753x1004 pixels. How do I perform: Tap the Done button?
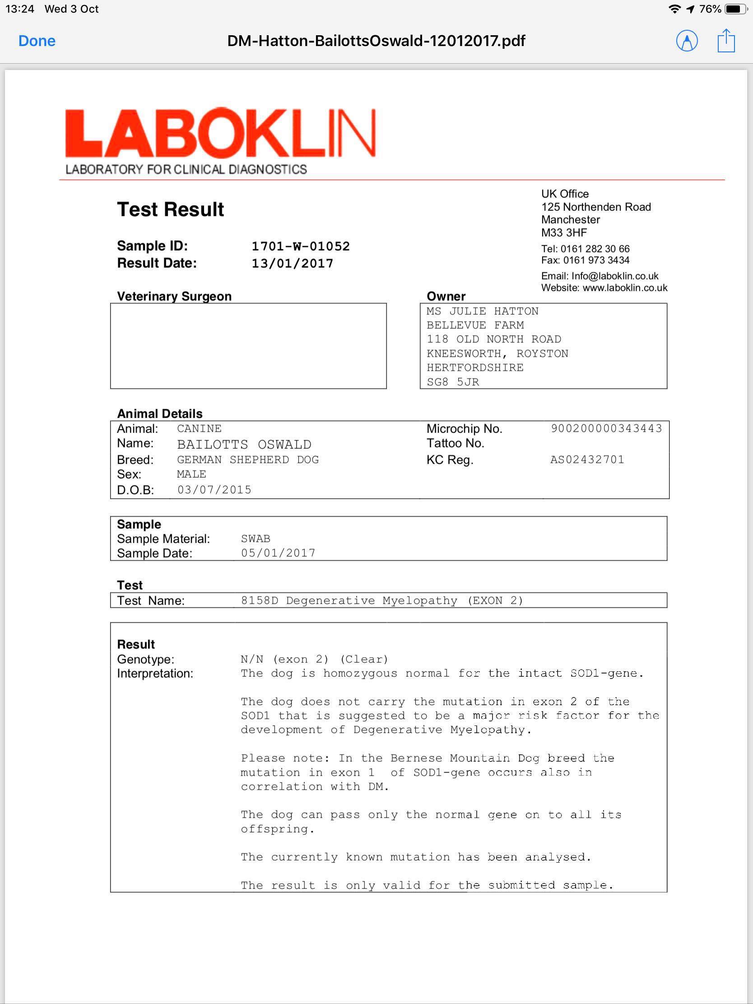point(37,41)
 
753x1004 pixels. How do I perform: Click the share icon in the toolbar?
point(726,41)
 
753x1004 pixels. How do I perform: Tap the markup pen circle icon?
point(687,41)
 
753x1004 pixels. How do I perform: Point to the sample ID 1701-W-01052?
point(301,246)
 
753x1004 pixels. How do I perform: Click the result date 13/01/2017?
point(292,263)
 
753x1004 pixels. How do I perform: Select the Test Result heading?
point(170,209)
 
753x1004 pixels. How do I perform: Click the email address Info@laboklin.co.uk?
point(614,276)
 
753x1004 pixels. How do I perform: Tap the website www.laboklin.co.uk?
point(624,288)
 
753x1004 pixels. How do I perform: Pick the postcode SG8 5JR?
point(452,382)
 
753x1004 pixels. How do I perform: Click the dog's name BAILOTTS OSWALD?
point(244,444)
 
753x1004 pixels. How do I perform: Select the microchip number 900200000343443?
point(606,428)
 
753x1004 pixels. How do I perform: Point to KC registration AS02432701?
point(587,459)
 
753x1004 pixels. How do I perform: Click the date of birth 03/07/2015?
point(214,490)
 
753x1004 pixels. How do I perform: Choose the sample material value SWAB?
point(256,539)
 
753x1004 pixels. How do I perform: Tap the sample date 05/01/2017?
point(278,553)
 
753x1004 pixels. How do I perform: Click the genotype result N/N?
point(252,659)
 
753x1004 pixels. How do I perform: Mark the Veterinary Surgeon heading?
point(174,297)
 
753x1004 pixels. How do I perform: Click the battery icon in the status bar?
point(735,9)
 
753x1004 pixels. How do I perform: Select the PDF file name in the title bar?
point(376,41)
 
